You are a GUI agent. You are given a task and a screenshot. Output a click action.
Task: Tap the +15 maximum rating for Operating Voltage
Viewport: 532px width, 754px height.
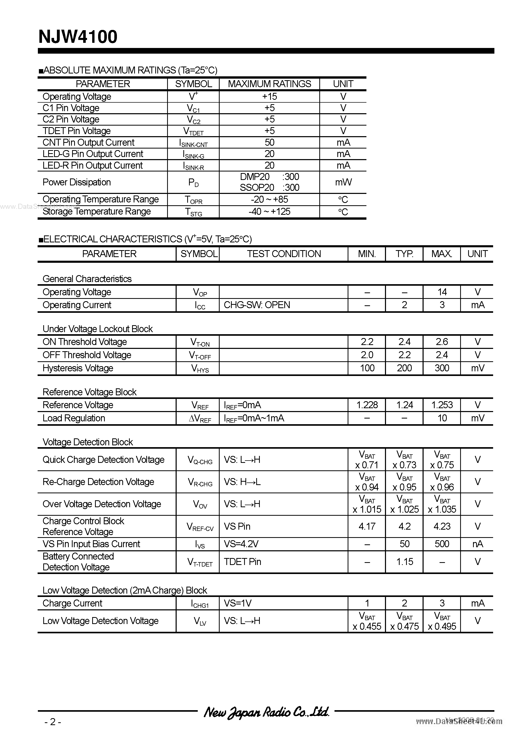(269, 96)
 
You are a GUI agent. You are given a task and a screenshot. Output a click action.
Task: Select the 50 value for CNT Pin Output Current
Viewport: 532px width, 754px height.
(269, 143)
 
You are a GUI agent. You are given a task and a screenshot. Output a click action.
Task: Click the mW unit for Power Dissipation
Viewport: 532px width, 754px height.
(343, 182)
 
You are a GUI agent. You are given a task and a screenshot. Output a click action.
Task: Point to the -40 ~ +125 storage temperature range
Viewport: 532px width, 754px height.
(269, 211)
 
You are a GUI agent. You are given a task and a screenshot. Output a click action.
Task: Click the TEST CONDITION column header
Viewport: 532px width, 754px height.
(284, 254)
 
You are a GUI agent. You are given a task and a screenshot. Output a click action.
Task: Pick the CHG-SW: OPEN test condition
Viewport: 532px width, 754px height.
(257, 305)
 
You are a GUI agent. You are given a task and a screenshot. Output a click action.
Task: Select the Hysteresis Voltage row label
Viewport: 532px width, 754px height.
(78, 368)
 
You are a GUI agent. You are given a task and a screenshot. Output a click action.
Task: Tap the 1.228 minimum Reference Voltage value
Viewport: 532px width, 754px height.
(367, 405)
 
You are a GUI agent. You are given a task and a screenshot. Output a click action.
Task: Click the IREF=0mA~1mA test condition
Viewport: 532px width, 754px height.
(254, 418)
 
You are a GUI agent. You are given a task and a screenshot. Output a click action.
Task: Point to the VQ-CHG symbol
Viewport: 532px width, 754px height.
(200, 460)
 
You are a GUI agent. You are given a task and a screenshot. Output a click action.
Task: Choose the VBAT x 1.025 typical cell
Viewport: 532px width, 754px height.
(405, 504)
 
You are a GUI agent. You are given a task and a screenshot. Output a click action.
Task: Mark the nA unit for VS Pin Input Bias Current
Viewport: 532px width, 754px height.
(478, 544)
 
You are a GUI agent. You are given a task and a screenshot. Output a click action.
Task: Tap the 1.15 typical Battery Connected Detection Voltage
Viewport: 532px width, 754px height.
(405, 562)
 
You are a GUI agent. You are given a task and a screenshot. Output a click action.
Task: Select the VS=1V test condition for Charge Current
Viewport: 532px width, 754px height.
(238, 603)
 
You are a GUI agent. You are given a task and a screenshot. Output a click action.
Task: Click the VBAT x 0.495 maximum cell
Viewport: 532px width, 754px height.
(442, 621)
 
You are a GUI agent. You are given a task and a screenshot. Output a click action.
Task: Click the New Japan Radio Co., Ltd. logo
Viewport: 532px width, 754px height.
(266, 712)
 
